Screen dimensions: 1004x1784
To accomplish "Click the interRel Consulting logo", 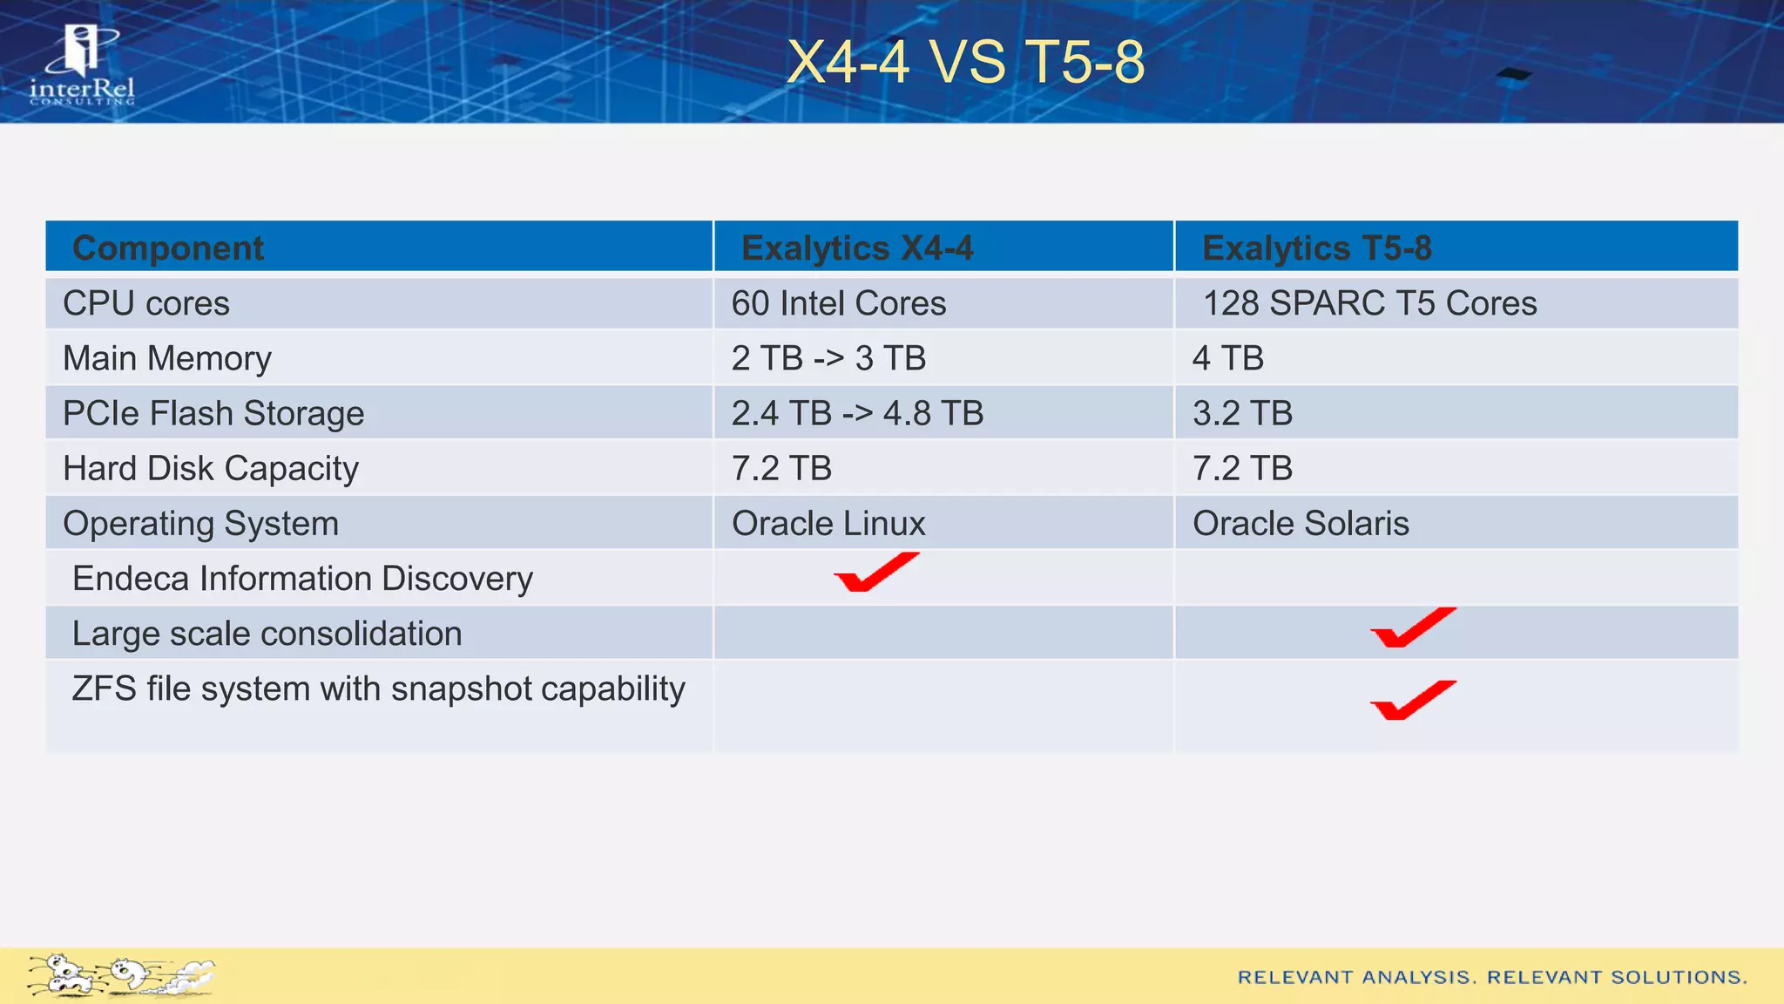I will click(x=82, y=65).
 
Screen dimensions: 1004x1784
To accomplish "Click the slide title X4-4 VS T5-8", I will click(x=965, y=63).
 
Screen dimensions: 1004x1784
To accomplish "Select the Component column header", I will click(x=167, y=248).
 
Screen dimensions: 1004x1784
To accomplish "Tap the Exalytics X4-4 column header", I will click(x=857, y=248).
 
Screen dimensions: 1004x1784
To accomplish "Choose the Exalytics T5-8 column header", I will click(x=1316, y=248).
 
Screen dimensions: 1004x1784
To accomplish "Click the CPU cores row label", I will click(x=146, y=303).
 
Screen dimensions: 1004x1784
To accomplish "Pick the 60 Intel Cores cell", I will click(x=838, y=303).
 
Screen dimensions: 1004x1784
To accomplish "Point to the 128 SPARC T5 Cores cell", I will click(x=1369, y=303).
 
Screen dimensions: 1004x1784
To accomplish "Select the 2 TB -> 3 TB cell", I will click(x=828, y=358).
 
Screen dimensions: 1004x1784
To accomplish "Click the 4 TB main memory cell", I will click(x=1227, y=358).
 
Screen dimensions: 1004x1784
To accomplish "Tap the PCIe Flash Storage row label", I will click(x=213, y=413).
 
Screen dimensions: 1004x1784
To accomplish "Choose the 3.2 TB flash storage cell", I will click(x=1242, y=413).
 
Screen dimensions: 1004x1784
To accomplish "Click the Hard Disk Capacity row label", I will click(x=211, y=468).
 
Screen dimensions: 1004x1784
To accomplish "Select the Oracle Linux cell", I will click(x=828, y=523).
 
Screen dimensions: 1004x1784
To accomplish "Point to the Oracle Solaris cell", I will click(x=1301, y=523).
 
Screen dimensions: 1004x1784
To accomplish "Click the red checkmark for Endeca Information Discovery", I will click(x=875, y=573).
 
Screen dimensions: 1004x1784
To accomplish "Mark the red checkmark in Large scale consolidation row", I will click(x=1412, y=627).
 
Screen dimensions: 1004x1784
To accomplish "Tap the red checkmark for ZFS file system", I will click(x=1412, y=700).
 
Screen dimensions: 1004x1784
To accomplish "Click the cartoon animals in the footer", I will click(x=120, y=975).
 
